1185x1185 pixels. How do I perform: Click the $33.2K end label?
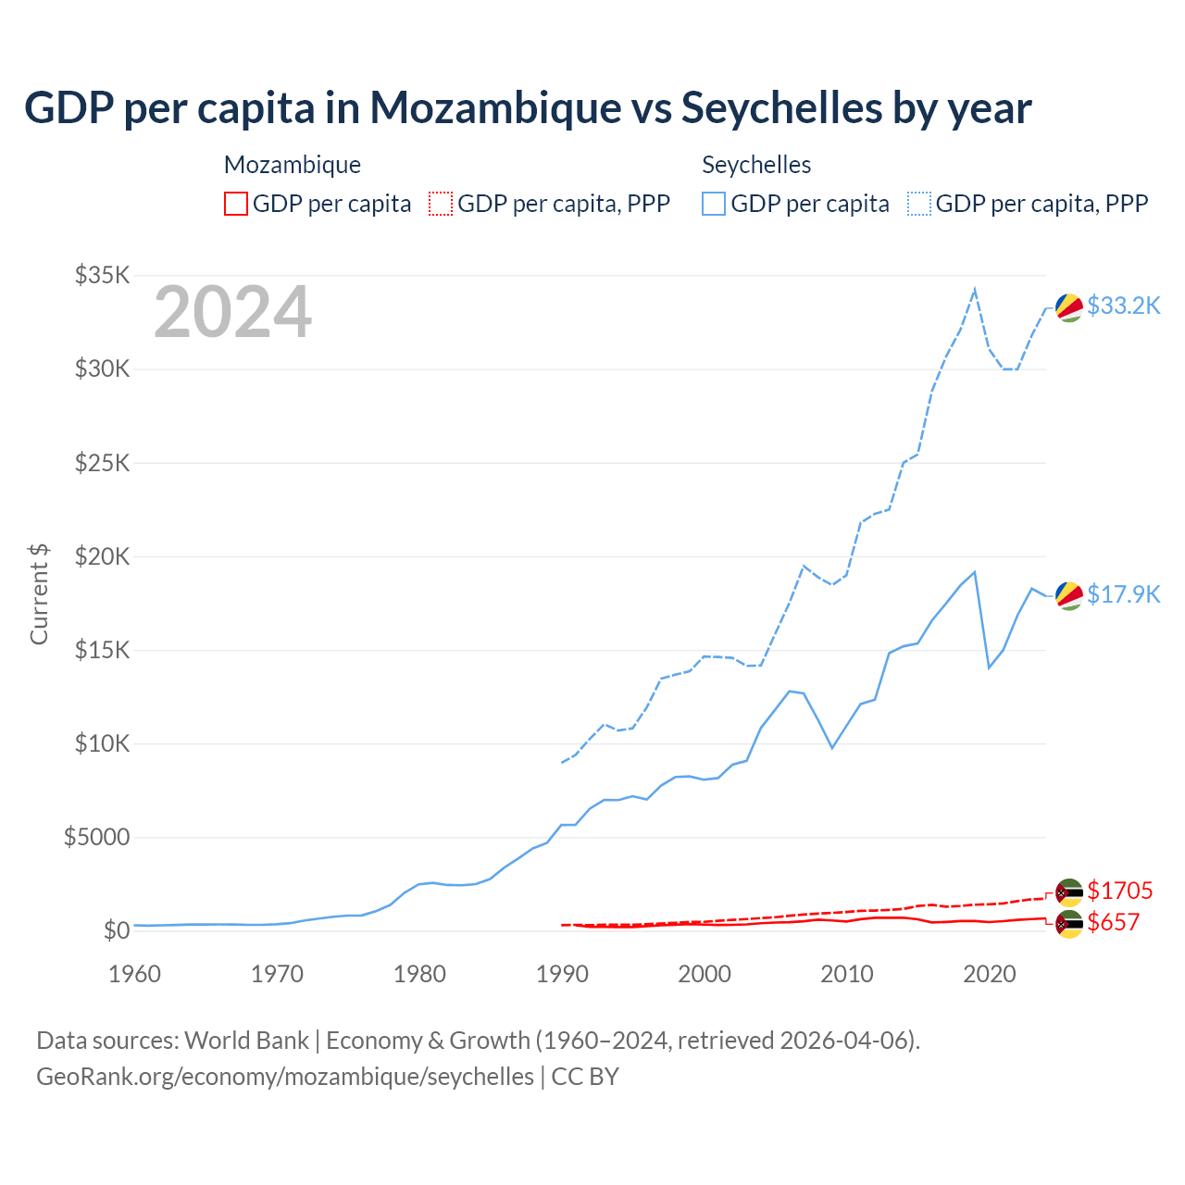[x=1123, y=306]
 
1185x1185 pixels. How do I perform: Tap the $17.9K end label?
[x=1123, y=594]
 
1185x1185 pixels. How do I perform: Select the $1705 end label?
[x=1119, y=891]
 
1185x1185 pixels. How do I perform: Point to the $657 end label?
[x=1113, y=922]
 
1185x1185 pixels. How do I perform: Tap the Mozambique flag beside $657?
[x=1069, y=924]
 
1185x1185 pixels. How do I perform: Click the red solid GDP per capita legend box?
[x=236, y=204]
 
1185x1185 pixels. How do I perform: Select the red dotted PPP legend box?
[x=441, y=204]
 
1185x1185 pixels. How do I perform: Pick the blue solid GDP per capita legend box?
[x=714, y=204]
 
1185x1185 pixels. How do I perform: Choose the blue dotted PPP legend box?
[x=919, y=204]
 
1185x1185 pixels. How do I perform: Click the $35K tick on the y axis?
[x=102, y=275]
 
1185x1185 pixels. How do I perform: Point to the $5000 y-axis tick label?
[x=96, y=838]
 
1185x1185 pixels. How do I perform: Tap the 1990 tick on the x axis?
[x=562, y=974]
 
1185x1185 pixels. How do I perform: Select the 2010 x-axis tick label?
[x=847, y=974]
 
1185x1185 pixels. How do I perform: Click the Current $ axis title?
[x=39, y=594]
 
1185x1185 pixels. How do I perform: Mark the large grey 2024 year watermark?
[x=232, y=313]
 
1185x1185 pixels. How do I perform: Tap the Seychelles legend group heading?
[x=756, y=165]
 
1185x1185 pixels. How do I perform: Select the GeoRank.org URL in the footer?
[x=285, y=1077]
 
